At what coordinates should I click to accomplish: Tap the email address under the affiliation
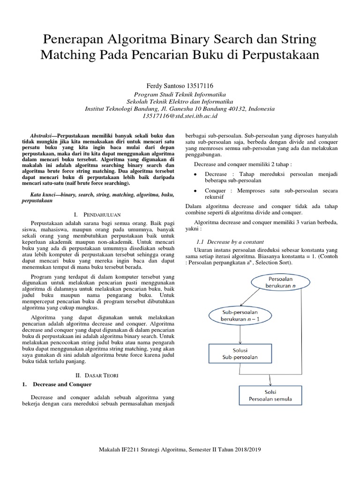180,116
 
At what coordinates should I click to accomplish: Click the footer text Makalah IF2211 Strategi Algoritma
180,449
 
